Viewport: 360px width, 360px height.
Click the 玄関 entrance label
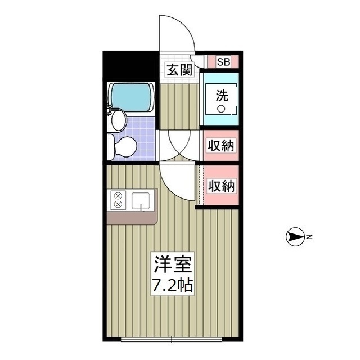[179, 70]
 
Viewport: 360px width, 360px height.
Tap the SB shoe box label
[223, 62]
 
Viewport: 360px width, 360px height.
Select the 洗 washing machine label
[222, 93]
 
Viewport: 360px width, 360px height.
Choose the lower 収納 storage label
[221, 185]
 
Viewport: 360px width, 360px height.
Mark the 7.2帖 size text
[173, 285]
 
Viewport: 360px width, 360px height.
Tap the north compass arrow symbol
[295, 238]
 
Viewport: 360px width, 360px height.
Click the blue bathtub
[132, 97]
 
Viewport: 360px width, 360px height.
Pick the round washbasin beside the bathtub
[118, 119]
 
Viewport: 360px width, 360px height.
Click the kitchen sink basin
[141, 200]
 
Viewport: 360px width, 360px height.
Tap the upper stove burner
[118, 196]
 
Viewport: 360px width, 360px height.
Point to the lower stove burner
[118, 205]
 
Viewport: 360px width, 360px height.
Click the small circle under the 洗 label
[222, 109]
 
